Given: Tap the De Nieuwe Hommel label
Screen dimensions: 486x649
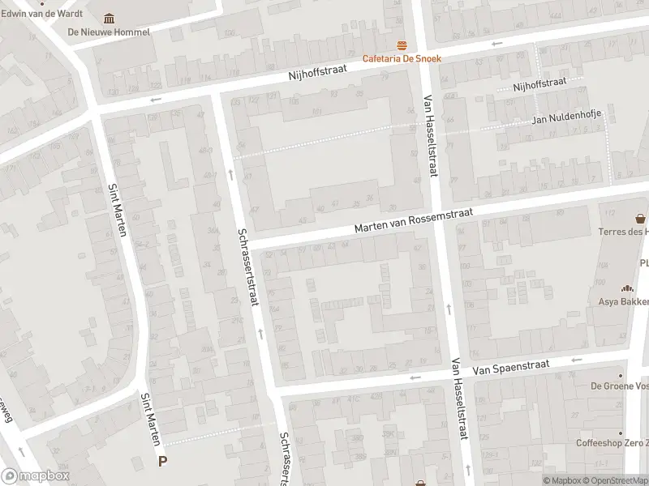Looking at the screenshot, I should [x=109, y=32].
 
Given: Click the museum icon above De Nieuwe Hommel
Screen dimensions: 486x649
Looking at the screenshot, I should [x=110, y=19].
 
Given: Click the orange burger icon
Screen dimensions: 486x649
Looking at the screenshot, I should [x=401, y=45].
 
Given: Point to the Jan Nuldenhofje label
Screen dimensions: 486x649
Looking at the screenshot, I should [x=566, y=120].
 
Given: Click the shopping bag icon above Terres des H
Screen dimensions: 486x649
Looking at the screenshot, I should [x=641, y=218].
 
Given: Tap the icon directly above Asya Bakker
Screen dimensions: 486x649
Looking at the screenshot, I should [x=626, y=288].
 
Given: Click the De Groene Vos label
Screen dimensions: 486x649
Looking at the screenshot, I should [x=618, y=386].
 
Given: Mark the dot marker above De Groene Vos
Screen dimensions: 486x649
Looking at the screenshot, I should [x=621, y=374].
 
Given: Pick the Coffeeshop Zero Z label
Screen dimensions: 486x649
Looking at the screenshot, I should [x=612, y=443].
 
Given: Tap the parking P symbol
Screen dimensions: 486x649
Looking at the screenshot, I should [x=163, y=462].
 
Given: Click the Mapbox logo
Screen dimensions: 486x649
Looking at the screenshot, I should [x=34, y=476].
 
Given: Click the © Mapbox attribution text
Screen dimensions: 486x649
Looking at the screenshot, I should [x=565, y=480].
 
